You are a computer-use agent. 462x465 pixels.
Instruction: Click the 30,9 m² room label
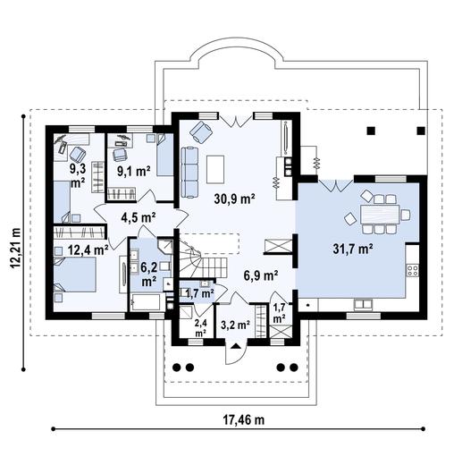coord(235,199)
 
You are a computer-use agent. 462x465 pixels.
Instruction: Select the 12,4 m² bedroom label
coord(87,250)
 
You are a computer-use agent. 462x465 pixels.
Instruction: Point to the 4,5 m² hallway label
coord(138,216)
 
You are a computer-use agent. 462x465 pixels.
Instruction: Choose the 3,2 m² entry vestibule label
coord(234,324)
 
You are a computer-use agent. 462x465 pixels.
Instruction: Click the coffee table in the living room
coord(215,168)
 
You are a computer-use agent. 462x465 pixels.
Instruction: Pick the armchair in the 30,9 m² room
coord(201,133)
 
